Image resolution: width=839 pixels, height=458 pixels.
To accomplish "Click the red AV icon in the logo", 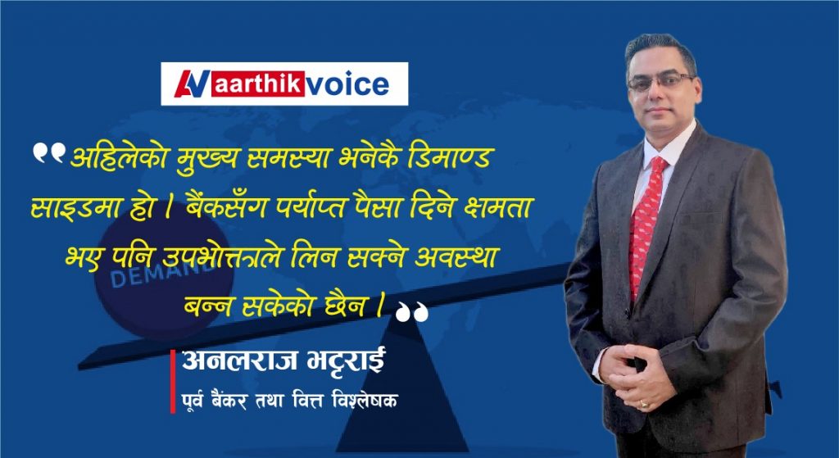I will pos(193,84).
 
